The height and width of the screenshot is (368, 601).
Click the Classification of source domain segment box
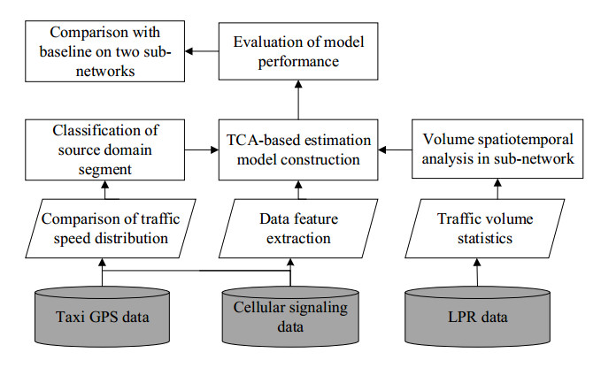[104, 149]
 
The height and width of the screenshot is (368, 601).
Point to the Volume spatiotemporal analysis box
[497, 149]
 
